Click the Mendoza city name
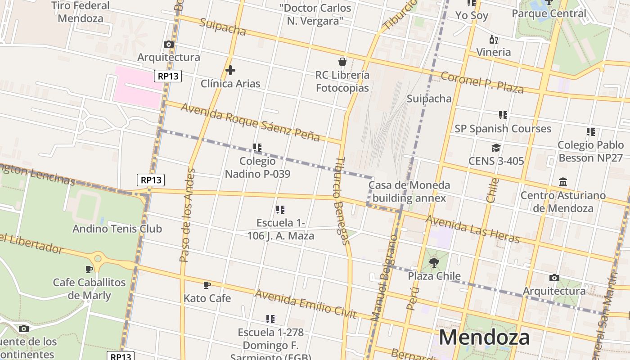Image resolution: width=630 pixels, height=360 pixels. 484,337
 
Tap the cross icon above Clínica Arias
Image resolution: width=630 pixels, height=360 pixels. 230,70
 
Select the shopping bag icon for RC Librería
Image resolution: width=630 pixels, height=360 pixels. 342,62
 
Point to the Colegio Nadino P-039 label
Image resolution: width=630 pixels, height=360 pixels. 257,167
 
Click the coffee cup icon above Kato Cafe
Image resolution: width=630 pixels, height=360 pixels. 207,285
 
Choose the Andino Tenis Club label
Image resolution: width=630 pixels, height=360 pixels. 117,229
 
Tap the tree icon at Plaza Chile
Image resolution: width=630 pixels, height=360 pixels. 434,262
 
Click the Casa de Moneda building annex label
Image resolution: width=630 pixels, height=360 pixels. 409,191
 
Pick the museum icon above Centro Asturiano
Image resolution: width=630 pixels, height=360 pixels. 563,182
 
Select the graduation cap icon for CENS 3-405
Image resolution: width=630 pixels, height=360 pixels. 496,148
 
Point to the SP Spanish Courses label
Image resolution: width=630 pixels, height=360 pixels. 503,129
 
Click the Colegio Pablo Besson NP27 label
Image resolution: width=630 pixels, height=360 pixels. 590,151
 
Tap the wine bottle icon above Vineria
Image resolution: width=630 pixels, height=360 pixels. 494,40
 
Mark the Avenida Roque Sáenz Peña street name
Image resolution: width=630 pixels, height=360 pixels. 250,122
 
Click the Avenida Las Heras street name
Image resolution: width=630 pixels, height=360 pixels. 472,229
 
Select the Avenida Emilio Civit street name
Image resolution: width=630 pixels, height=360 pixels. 306,304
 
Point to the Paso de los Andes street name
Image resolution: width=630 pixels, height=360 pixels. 187,215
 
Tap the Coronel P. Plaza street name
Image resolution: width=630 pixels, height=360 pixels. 482,82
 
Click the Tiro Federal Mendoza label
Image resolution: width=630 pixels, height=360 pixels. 81,12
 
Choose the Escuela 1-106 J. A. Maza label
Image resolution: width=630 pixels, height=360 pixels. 281,229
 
